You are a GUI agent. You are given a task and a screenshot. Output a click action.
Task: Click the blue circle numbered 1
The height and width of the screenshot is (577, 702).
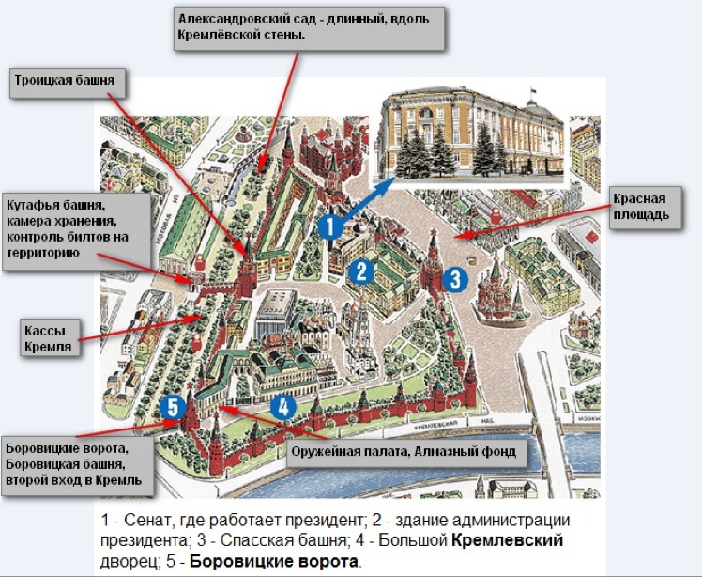328,226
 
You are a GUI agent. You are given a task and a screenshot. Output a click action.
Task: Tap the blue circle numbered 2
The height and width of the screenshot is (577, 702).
362,271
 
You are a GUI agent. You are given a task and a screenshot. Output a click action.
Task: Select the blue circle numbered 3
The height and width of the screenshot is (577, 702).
454,278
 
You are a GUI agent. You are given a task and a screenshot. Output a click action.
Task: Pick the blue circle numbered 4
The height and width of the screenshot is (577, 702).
284,406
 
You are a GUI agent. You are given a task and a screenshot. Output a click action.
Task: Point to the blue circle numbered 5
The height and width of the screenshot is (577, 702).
171,407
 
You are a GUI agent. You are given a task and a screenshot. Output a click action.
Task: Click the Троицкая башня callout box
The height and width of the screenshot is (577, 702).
65,82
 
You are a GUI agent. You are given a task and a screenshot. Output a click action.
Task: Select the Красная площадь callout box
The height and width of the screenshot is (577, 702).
641,207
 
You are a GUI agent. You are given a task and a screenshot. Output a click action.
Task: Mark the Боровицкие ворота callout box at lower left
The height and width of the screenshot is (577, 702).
77,464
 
